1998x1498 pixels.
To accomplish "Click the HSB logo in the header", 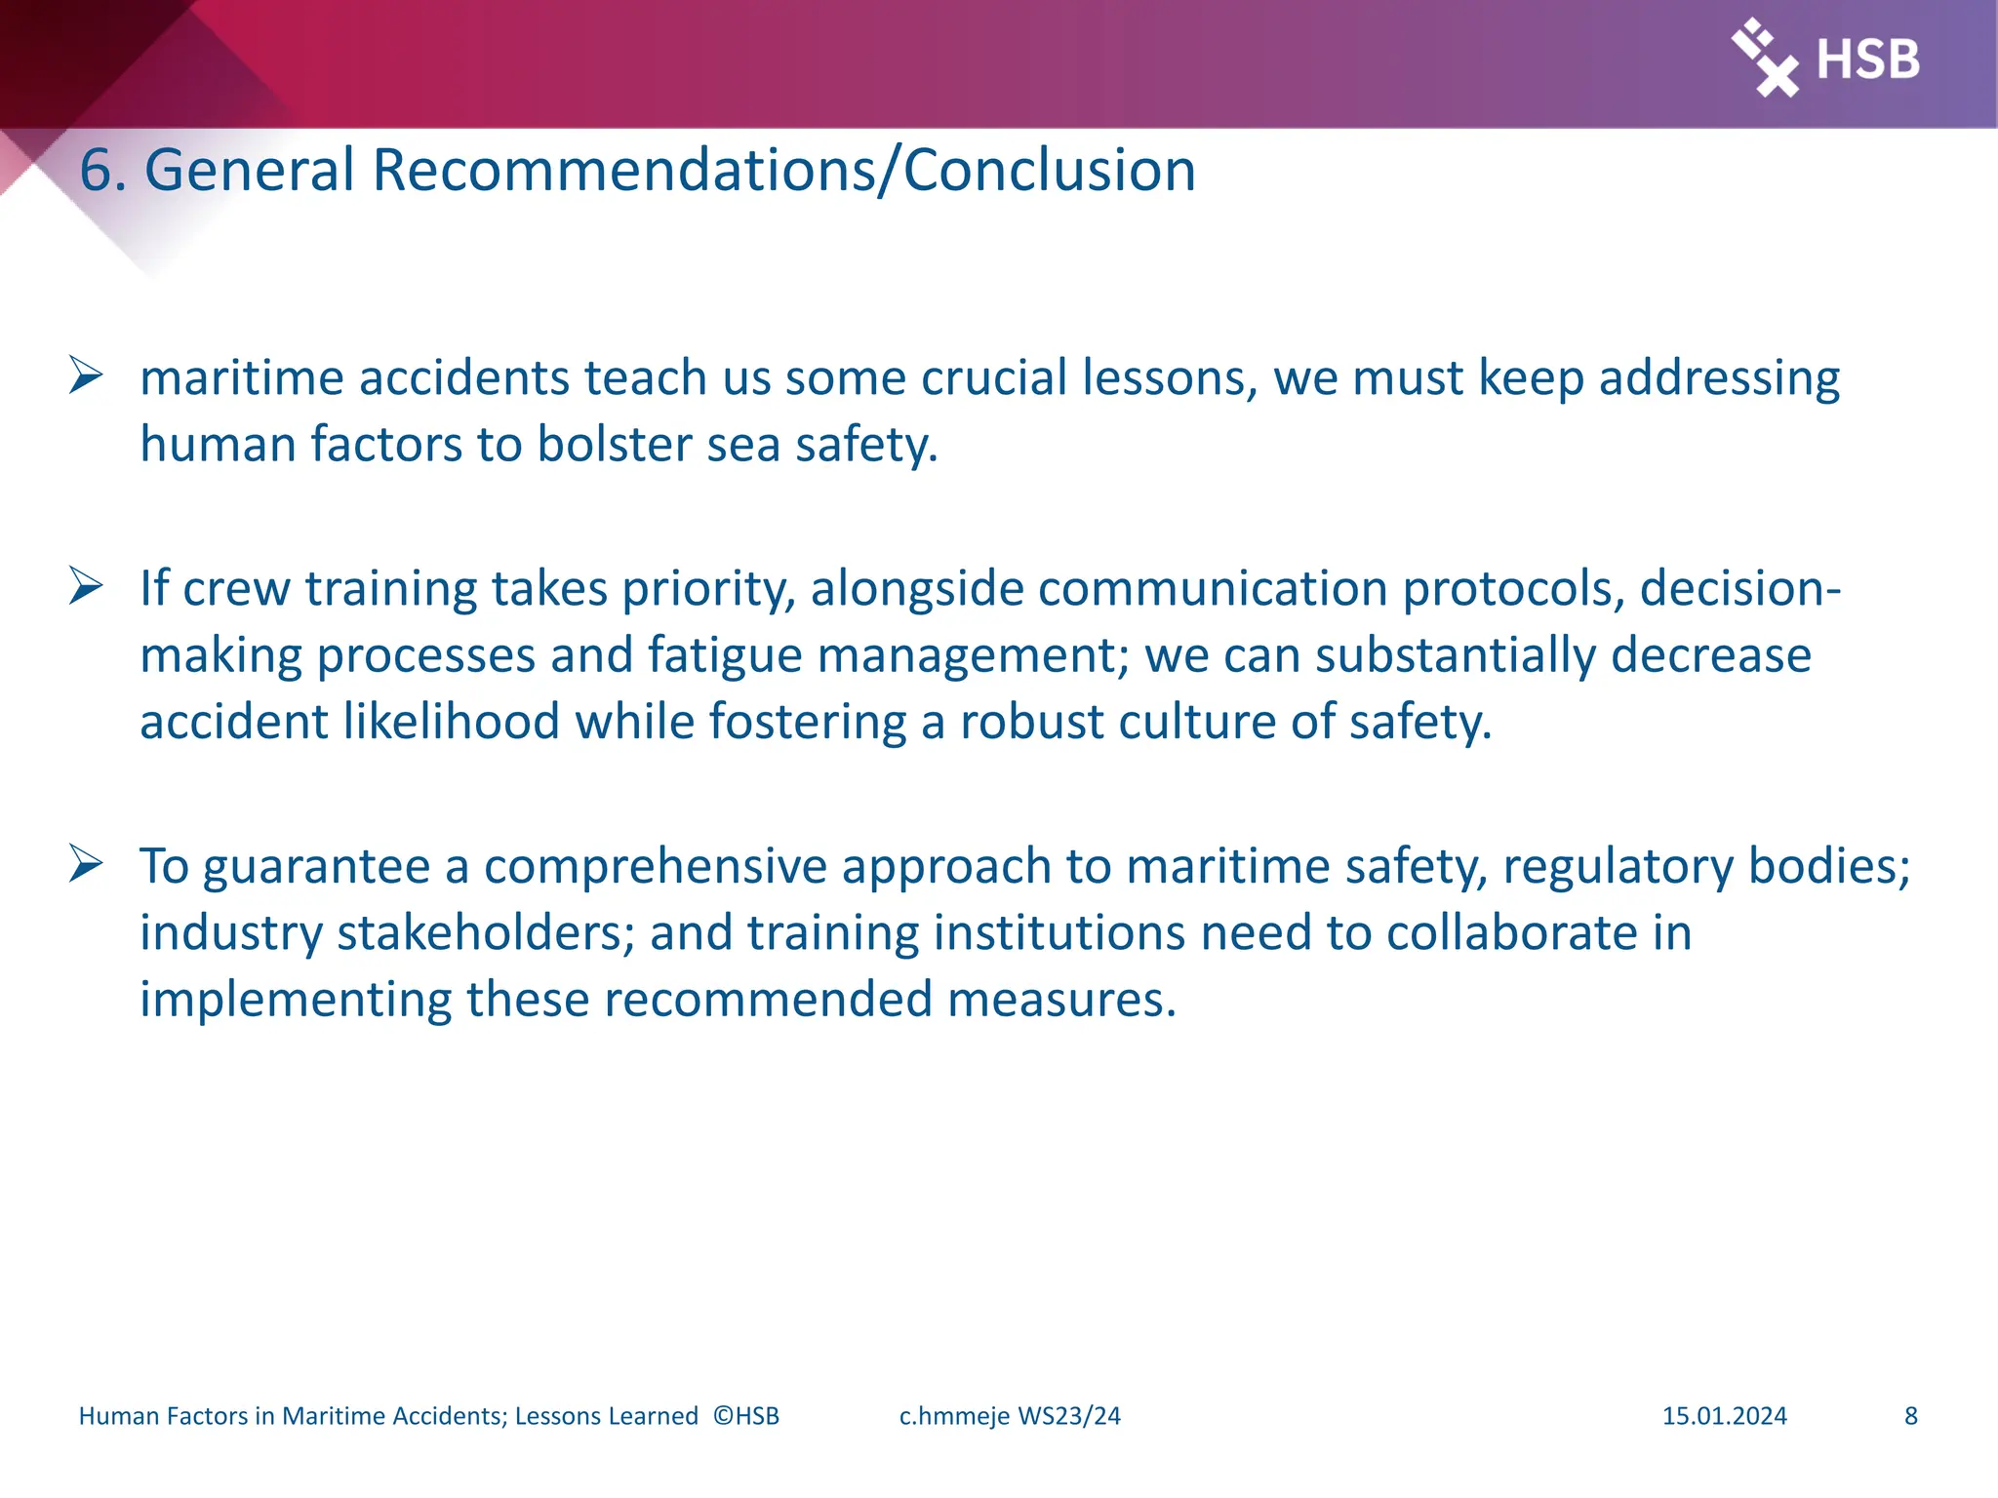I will [x=1825, y=59].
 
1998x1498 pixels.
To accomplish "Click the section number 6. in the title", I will [x=102, y=171].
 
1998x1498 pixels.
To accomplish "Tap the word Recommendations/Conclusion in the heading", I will [x=783, y=171].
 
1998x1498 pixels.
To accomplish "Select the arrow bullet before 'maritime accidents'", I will [x=86, y=376].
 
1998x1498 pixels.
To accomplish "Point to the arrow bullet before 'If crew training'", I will [x=86, y=587].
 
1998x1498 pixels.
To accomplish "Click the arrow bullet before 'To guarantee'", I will [x=86, y=864].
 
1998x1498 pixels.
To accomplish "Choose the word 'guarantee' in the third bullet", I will [x=316, y=866].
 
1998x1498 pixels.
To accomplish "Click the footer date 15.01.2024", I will [x=1724, y=1416].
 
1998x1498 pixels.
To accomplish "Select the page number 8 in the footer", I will [x=1910, y=1416].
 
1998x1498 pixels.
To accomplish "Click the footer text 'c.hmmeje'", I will [x=953, y=1416].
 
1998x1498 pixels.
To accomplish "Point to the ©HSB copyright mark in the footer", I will [x=746, y=1416].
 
